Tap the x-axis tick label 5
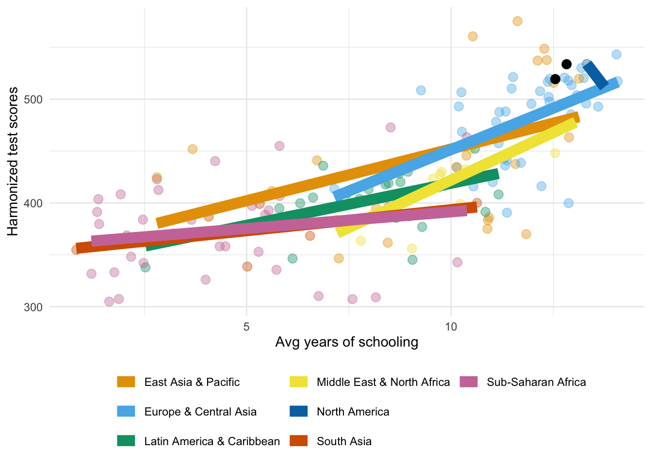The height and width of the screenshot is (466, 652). tap(246, 326)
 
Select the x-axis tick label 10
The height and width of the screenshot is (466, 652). tap(451, 326)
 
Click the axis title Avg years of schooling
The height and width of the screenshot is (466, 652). tap(346, 342)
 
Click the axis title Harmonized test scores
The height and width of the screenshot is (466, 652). tap(13, 161)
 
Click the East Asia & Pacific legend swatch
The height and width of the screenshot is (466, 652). tap(126, 382)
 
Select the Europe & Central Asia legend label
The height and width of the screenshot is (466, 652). tap(200, 412)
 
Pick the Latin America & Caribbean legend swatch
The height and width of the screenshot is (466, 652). tap(126, 441)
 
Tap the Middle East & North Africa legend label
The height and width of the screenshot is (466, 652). tap(383, 382)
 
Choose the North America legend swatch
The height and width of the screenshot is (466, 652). tap(298, 412)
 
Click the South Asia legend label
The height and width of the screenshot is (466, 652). tap(344, 441)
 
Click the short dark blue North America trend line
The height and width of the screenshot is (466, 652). tap(596, 76)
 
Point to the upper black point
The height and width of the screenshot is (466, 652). tap(566, 64)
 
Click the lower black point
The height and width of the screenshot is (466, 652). tap(555, 79)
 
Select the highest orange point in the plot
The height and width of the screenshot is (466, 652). tap(517, 21)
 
